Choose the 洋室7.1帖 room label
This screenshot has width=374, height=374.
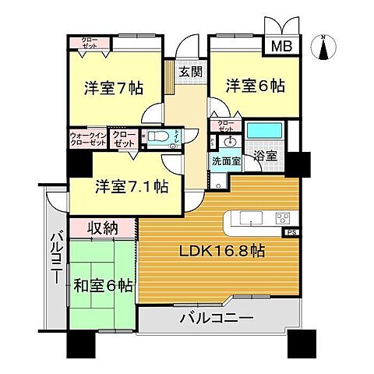pos(120,187)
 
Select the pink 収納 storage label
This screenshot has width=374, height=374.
pos(102,229)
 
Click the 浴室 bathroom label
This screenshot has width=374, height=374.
pos(264,156)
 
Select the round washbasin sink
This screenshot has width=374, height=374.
pos(230,143)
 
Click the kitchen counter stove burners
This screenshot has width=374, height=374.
pos(282,217)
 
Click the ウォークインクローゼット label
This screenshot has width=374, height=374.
pos(88,139)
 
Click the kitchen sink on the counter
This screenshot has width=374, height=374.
pos(251,217)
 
